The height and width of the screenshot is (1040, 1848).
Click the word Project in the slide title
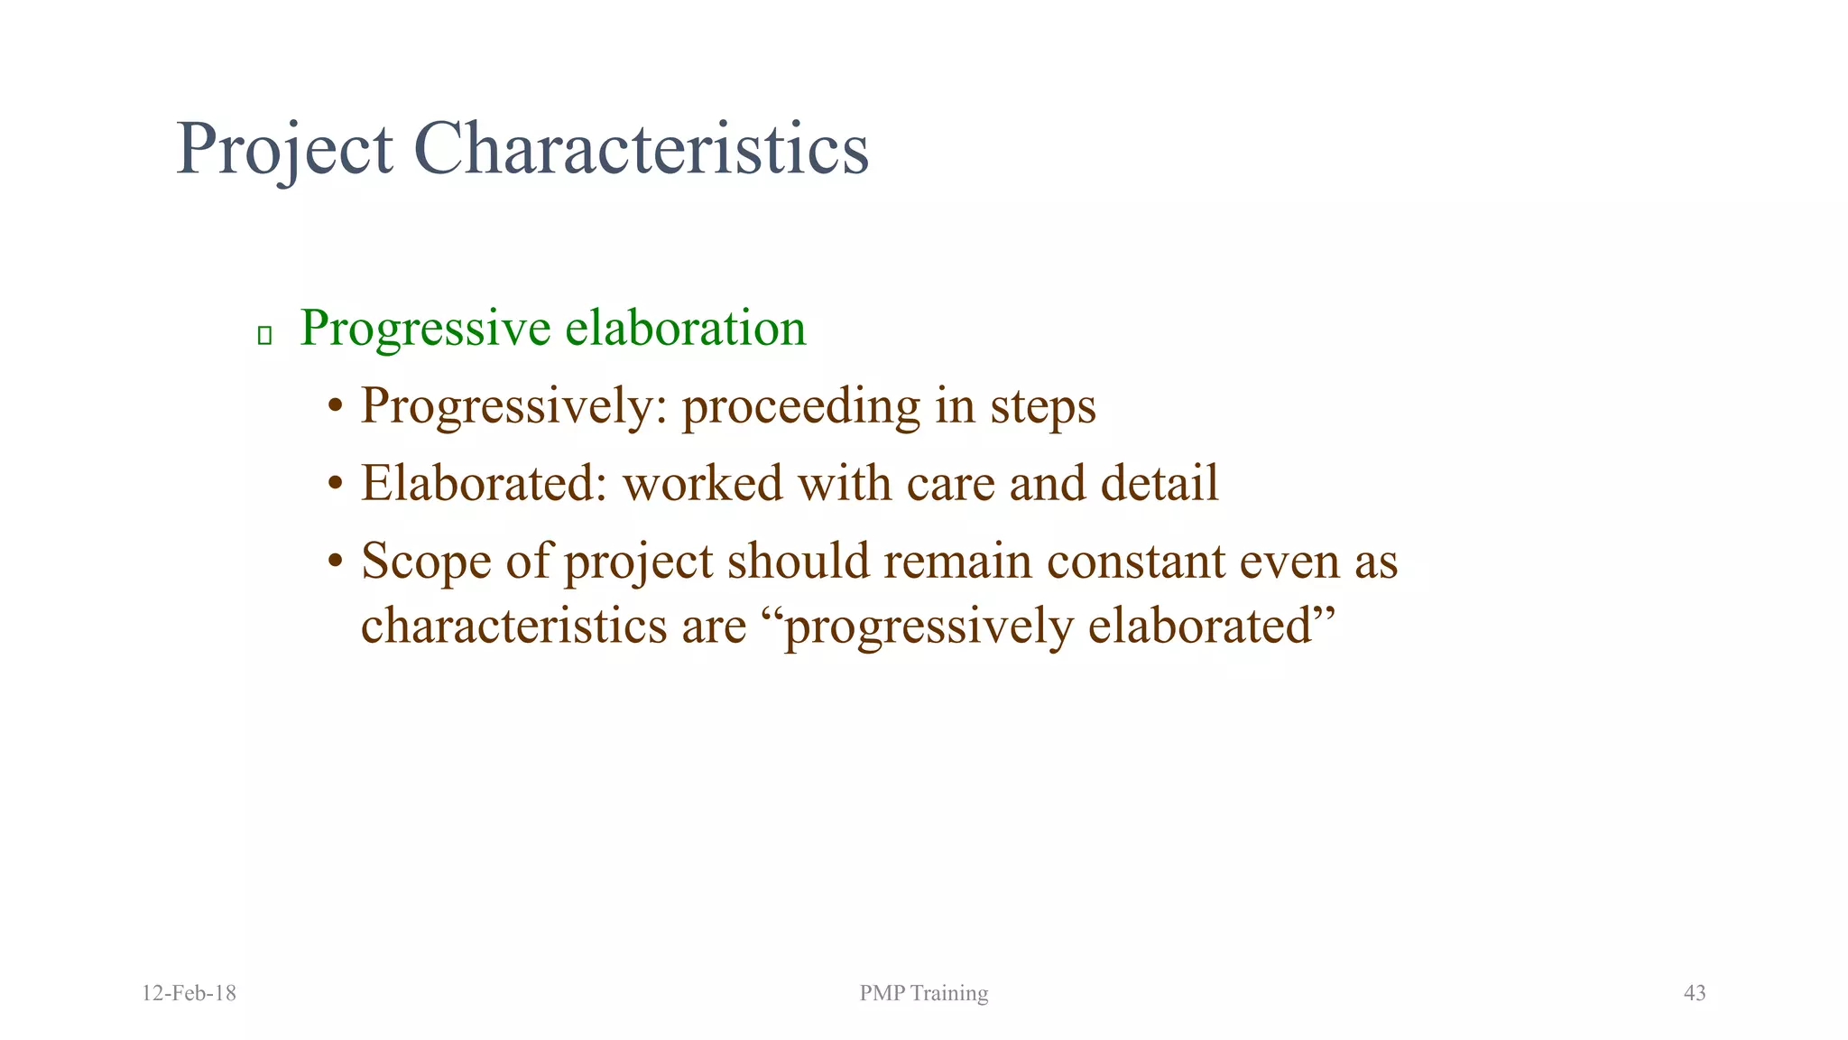click(284, 149)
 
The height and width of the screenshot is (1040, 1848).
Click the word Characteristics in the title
click(641, 149)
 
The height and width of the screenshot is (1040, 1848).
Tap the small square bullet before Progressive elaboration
click(264, 336)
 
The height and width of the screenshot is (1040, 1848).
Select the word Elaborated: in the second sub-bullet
click(484, 483)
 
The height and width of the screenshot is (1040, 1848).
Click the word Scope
click(426, 562)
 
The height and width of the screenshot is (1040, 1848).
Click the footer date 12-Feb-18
click(189, 993)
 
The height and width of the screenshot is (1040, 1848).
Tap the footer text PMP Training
click(924, 993)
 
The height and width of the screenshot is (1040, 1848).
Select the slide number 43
click(1695, 993)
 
